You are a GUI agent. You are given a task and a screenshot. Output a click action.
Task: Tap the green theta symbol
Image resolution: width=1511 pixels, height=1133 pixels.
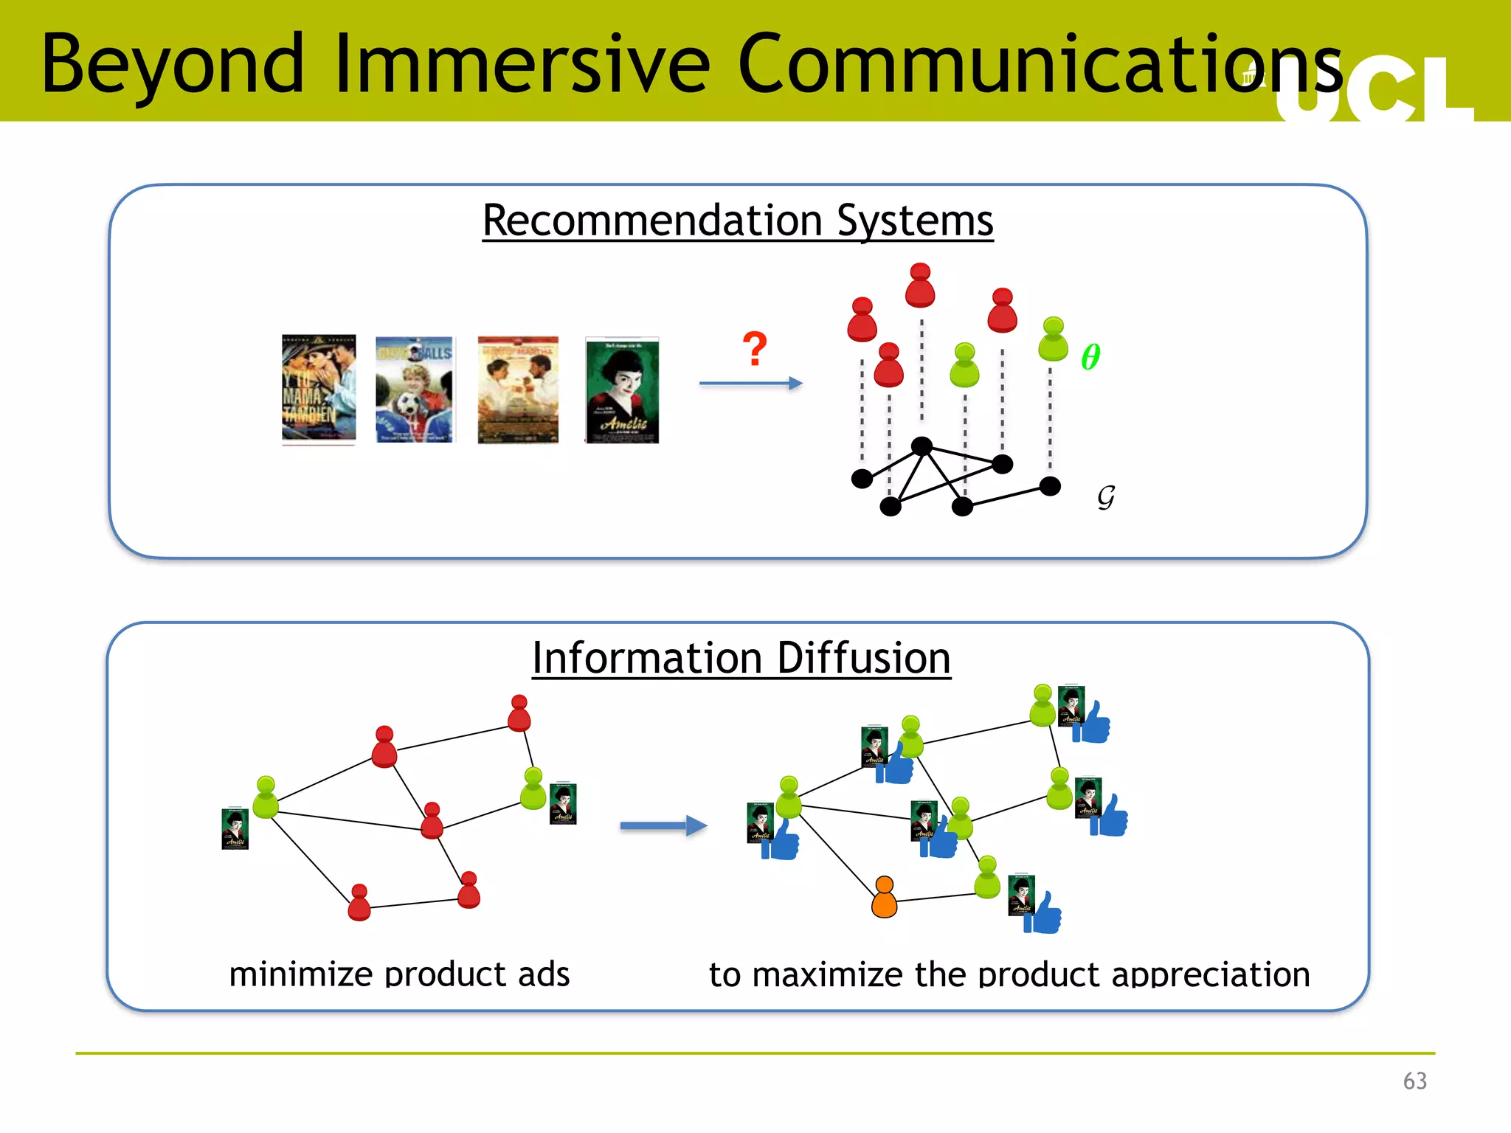[x=1090, y=357]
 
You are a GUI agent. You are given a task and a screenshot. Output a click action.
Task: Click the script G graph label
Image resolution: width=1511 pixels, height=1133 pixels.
[x=1105, y=496]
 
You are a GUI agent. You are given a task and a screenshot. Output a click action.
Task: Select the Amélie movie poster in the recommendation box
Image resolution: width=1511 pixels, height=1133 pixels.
[x=622, y=389]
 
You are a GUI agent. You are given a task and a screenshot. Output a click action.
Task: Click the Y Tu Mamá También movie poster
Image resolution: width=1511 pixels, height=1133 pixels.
[x=319, y=389]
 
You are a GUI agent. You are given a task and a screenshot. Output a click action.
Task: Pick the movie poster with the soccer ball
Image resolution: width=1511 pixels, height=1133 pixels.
[x=415, y=389]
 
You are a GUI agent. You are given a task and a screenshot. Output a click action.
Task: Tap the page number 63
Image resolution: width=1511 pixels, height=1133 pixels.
[x=1414, y=1081]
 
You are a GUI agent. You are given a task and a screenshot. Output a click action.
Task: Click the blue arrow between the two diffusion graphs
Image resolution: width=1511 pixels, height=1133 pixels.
[x=663, y=825]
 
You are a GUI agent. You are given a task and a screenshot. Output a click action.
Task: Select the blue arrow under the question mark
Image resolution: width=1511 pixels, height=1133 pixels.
[x=750, y=383]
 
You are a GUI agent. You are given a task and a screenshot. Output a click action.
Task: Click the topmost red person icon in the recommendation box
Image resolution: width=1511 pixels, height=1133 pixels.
[x=920, y=285]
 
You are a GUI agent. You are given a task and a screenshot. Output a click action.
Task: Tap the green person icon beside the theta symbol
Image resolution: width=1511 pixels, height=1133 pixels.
[x=1053, y=339]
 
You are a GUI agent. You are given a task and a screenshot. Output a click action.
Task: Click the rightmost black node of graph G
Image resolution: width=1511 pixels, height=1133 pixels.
[x=1050, y=485]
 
